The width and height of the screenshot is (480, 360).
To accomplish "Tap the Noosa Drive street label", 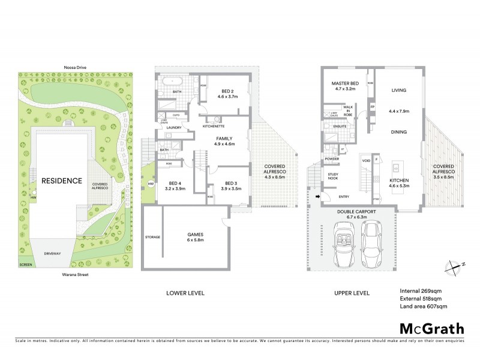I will point(71,68).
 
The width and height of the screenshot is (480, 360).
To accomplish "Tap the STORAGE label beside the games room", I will point(152,238).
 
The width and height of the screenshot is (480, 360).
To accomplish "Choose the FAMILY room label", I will point(224,138).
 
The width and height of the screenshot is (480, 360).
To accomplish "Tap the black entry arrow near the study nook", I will point(316,196).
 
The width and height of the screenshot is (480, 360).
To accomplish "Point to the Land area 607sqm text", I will point(424,307).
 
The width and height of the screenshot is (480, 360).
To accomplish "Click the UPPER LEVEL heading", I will point(352,293).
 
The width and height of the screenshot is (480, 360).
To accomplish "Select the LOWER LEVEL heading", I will point(185,293).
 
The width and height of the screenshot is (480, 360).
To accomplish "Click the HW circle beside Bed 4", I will point(150,183).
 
